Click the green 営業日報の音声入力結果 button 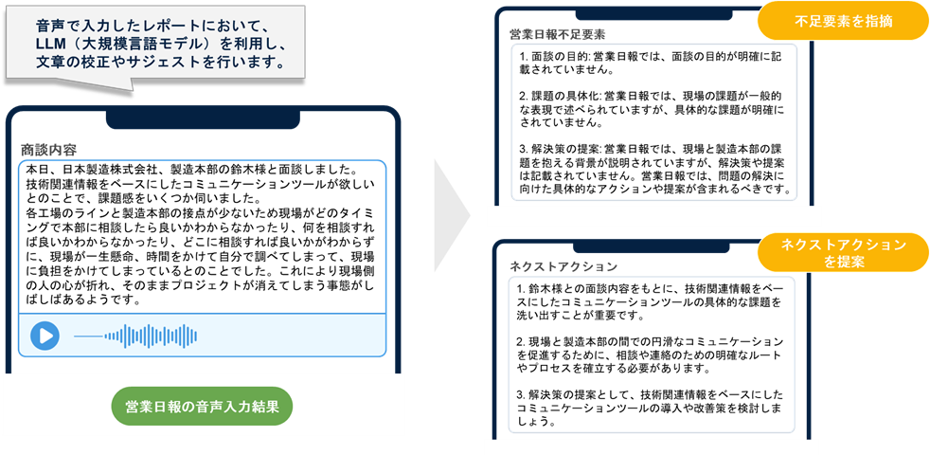click(x=202, y=407)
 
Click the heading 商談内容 click(x=49, y=150)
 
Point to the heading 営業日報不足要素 click(x=558, y=34)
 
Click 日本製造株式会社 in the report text click(x=103, y=169)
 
